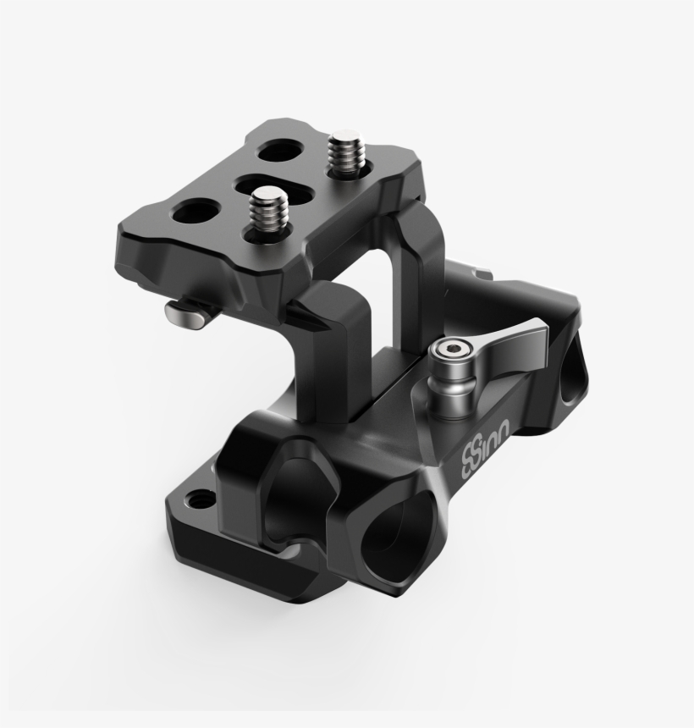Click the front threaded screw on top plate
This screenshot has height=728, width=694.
268,212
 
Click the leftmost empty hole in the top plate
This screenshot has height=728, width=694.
192,212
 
